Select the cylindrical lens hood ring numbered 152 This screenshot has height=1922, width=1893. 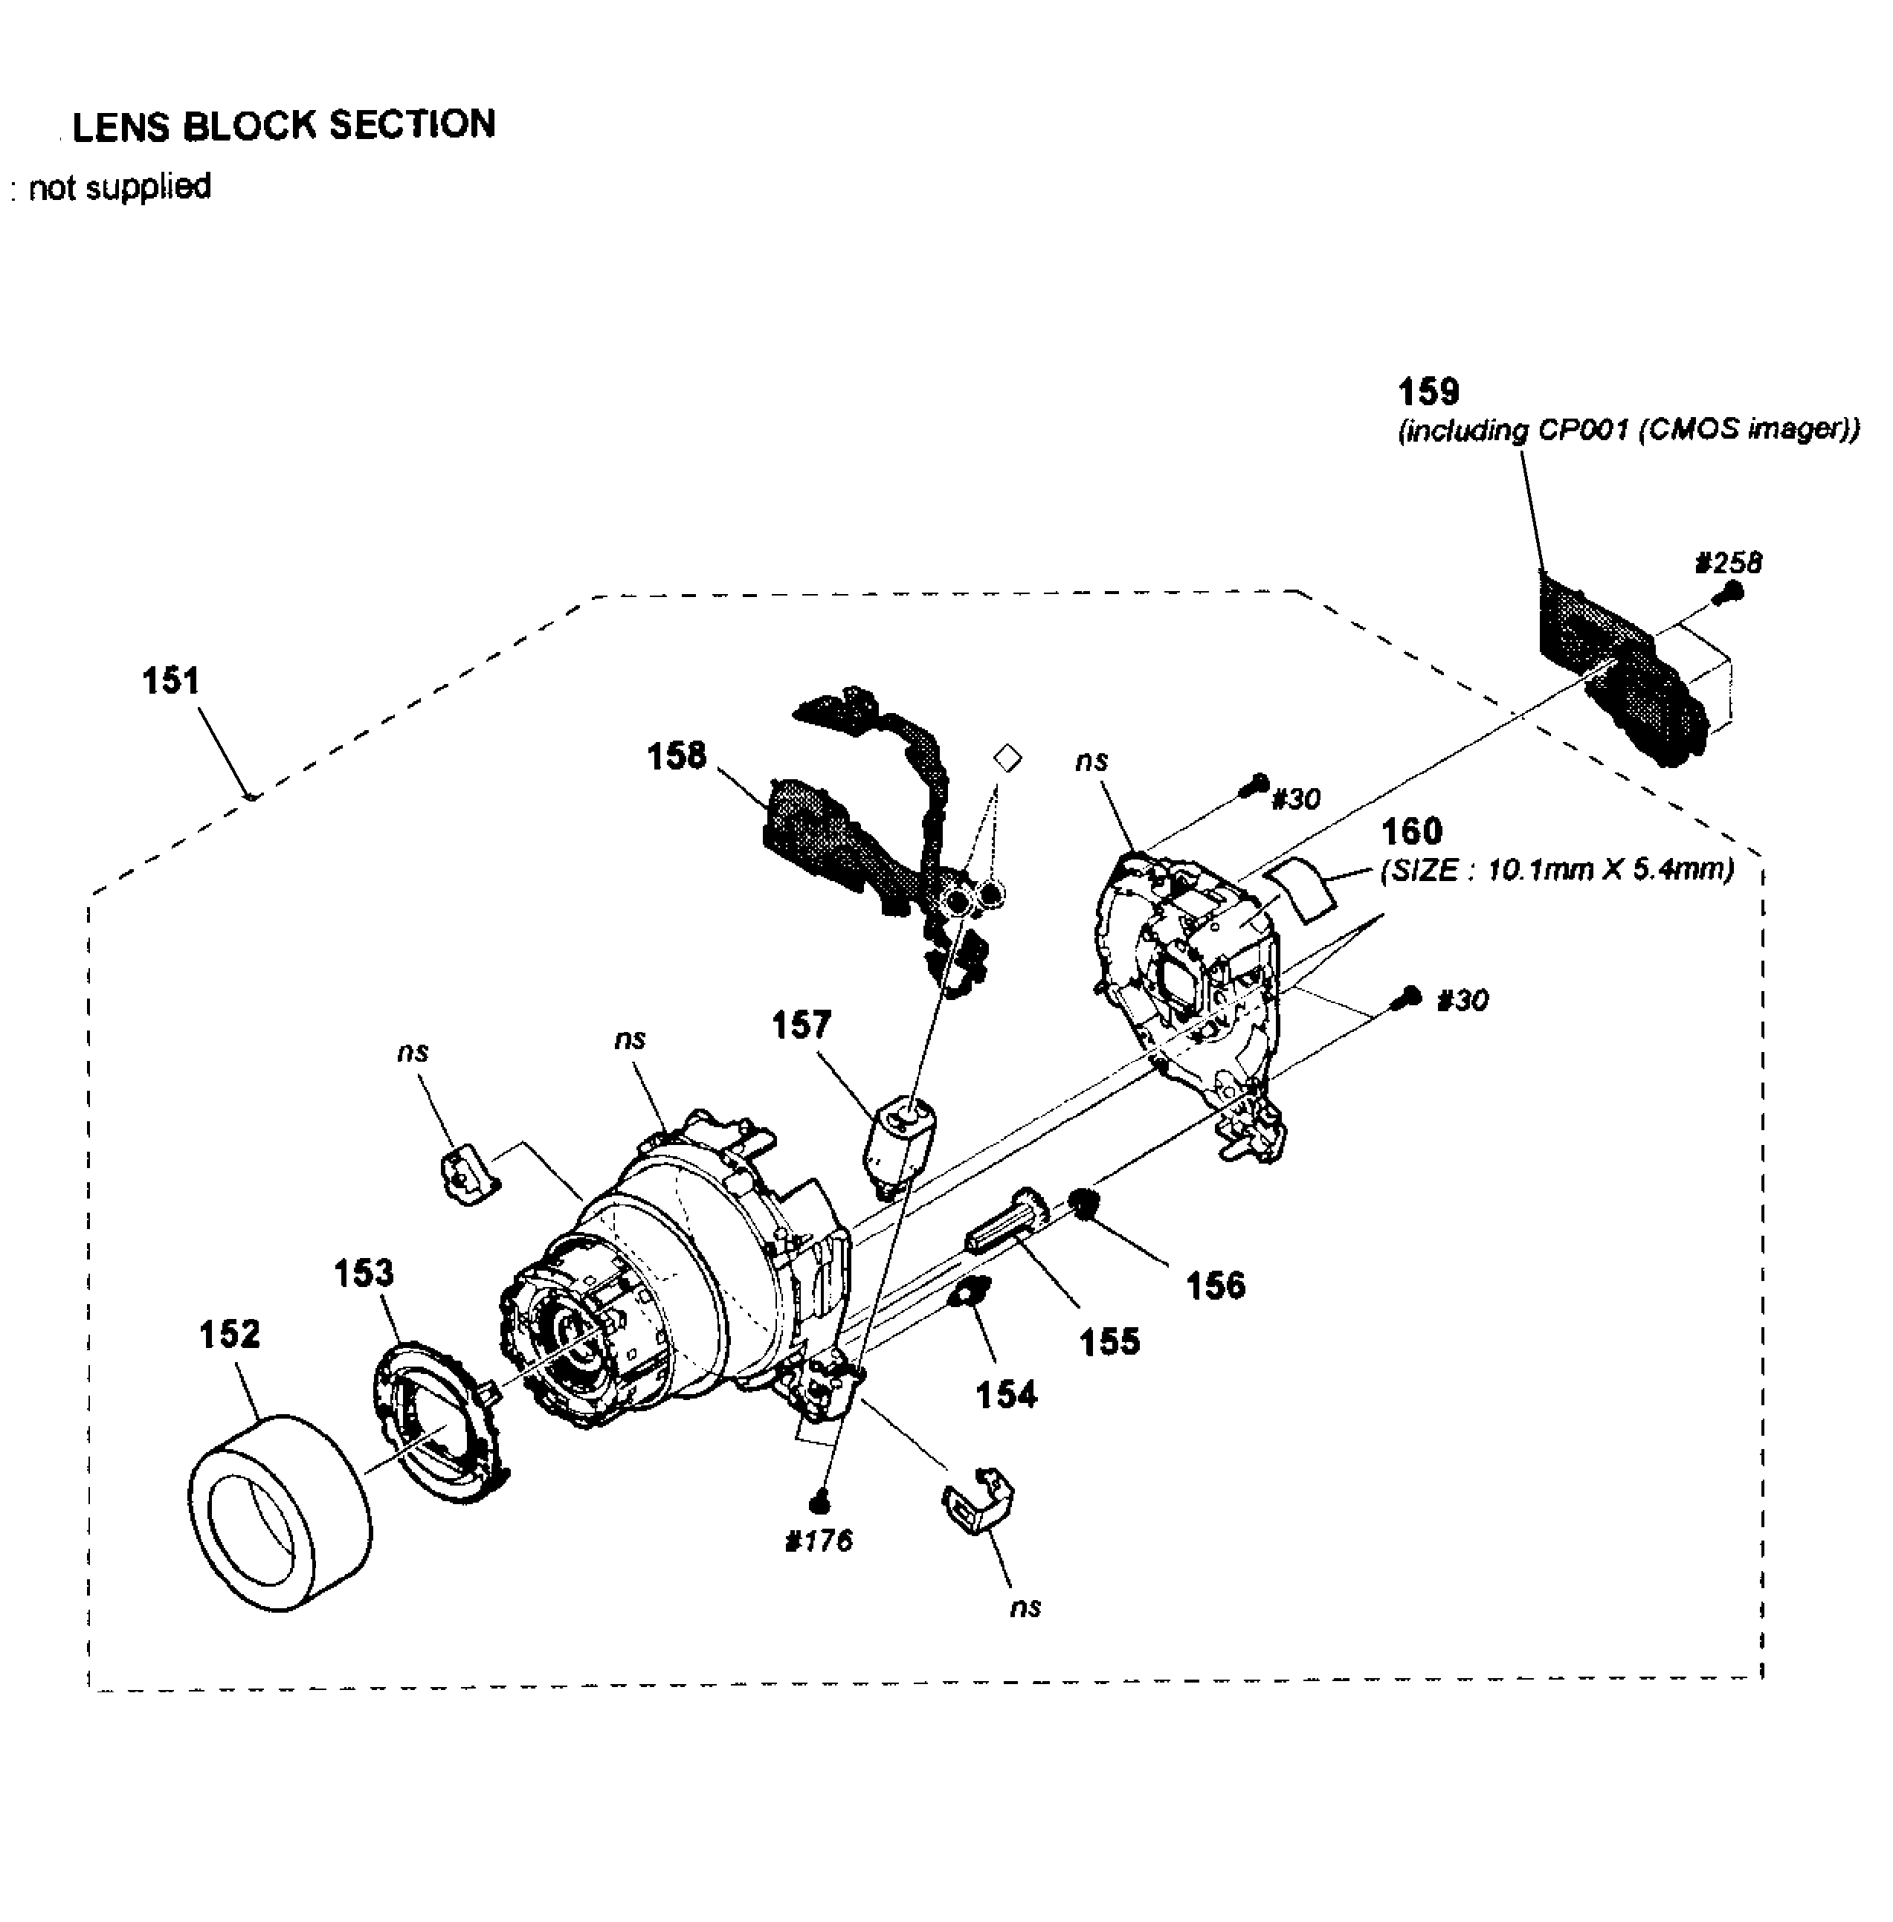coord(280,1512)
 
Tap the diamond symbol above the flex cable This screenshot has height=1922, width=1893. coord(1007,758)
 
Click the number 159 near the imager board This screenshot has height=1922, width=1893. coord(1429,392)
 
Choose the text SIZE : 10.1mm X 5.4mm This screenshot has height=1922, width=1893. coord(1557,870)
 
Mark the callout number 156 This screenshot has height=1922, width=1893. coord(1215,1286)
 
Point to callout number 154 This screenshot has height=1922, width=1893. coord(1006,1395)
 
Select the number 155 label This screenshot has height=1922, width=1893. coord(1109,1342)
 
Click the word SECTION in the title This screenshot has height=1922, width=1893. coord(412,125)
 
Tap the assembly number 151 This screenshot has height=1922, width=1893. coord(171,681)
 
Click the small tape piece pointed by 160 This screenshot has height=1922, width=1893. coord(1303,887)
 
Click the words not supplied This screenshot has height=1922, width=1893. coord(119,187)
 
